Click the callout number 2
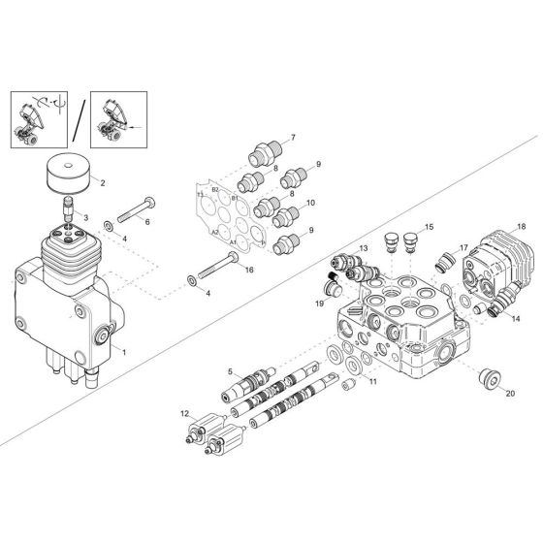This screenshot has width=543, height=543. tap(103, 181)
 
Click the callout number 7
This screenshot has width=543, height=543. tap(293, 138)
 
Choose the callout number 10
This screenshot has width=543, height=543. tap(309, 203)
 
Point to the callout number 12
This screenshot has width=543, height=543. tap(184, 415)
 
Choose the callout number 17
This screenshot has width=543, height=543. tap(463, 247)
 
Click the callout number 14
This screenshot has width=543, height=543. tap(515, 317)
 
